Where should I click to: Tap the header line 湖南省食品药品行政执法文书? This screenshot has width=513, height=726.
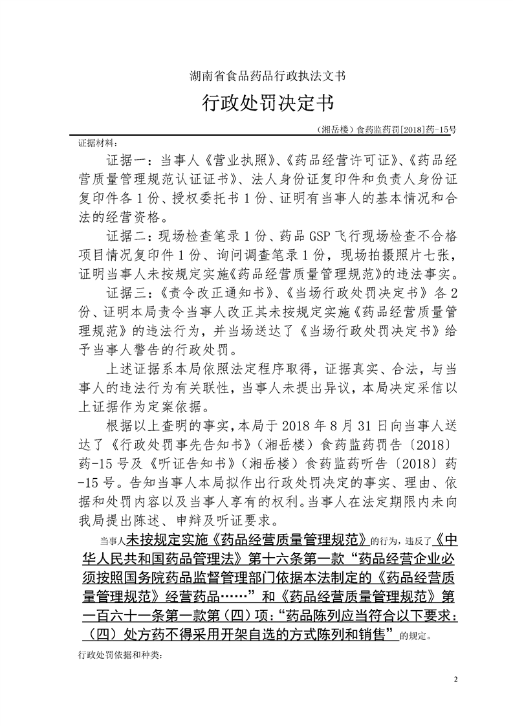[x=256, y=76]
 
